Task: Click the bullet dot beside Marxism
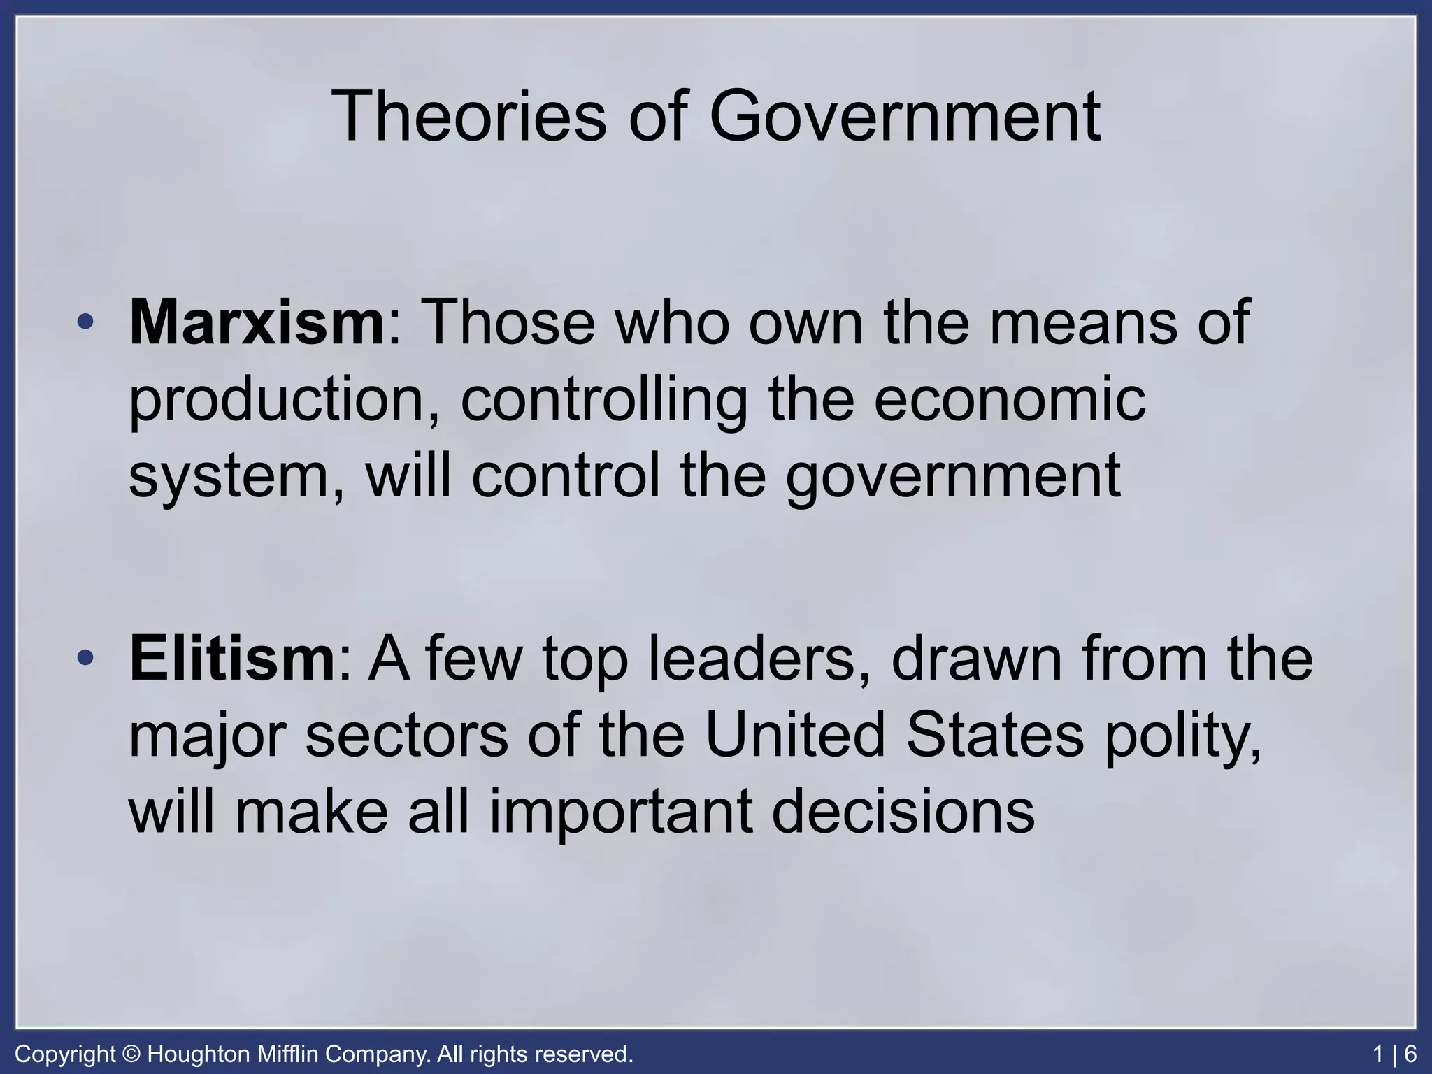[x=85, y=322]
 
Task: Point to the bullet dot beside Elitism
[x=85, y=658]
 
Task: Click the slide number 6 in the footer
[x=1410, y=1054]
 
